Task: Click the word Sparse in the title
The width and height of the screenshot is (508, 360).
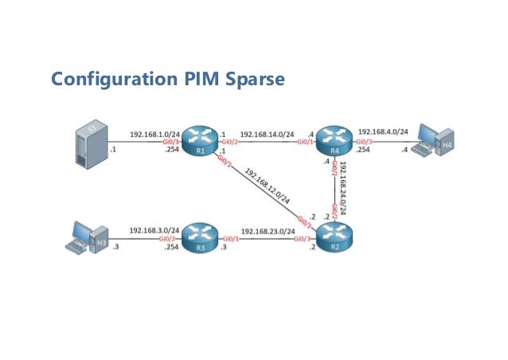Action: tap(251, 80)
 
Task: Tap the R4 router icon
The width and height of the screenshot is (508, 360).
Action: tap(331, 141)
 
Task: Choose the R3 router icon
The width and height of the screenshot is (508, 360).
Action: tap(198, 236)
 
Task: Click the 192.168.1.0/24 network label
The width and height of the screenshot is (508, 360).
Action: tap(154, 135)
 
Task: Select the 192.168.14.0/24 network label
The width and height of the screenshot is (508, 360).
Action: tap(266, 135)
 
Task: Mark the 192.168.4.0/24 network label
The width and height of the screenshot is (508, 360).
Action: tap(383, 131)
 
